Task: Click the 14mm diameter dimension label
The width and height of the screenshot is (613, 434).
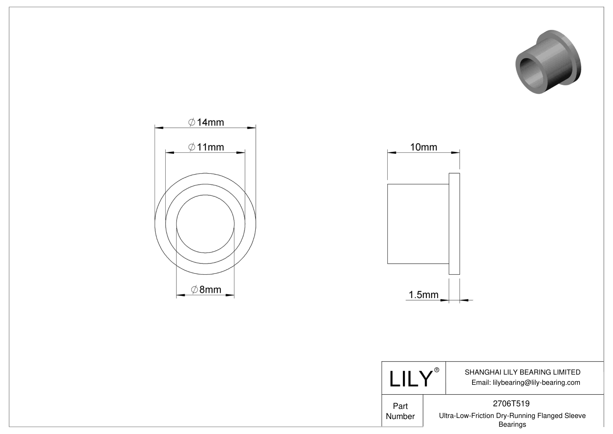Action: click(x=206, y=122)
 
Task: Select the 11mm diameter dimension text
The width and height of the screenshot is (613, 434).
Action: click(x=206, y=147)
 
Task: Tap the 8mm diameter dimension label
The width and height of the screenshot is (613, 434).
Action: click(x=206, y=290)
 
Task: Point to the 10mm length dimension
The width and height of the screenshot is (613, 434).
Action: click(x=423, y=147)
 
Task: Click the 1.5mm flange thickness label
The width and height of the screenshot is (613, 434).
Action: click(x=423, y=294)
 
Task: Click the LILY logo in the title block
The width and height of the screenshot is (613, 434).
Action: click(x=410, y=379)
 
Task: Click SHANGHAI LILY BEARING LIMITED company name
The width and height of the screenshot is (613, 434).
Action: click(x=522, y=372)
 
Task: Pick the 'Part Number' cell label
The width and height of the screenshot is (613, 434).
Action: click(x=400, y=411)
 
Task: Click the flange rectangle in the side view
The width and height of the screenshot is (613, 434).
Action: click(x=454, y=224)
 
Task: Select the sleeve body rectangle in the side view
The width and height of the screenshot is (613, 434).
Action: click(x=418, y=224)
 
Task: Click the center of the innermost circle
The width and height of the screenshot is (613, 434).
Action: click(x=205, y=223)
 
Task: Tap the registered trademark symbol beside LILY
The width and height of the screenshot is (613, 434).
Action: click(x=437, y=370)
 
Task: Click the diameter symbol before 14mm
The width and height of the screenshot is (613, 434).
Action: click(x=192, y=122)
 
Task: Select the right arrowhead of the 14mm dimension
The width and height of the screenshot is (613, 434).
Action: click(x=252, y=128)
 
